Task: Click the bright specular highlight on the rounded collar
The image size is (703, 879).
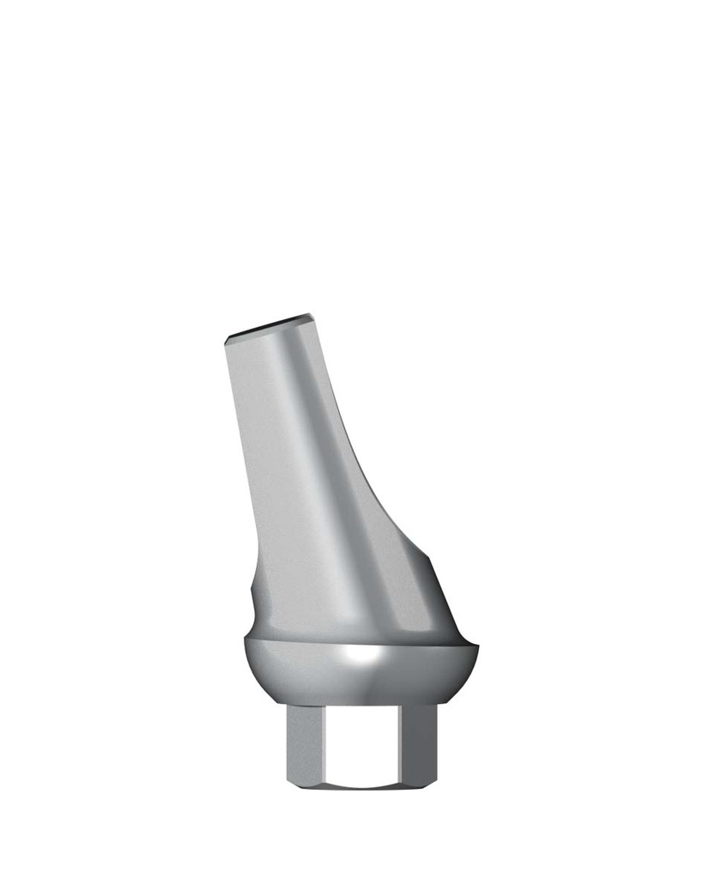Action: pyautogui.click(x=361, y=659)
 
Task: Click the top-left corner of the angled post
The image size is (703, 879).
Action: pyautogui.click(x=225, y=337)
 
